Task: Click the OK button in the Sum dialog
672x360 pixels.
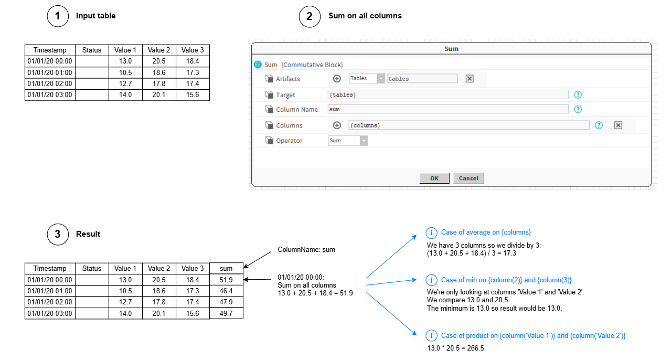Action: (434, 178)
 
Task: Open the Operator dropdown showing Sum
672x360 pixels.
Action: (348, 141)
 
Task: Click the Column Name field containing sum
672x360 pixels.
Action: (448, 109)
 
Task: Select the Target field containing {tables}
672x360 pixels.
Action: (448, 95)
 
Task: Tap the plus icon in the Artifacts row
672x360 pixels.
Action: (337, 79)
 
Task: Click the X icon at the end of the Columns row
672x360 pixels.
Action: (618, 125)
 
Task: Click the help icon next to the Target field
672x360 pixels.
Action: (578, 95)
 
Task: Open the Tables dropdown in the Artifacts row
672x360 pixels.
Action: (367, 78)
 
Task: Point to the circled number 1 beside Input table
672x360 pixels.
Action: (58, 16)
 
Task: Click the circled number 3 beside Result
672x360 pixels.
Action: (58, 234)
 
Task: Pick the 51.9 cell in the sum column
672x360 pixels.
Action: (226, 280)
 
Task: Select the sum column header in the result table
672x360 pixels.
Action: (226, 269)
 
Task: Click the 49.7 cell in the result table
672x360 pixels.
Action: (226, 313)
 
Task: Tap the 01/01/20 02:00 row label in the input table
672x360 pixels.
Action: (50, 83)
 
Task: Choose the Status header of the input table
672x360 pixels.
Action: (92, 50)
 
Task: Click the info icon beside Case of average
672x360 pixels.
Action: (431, 232)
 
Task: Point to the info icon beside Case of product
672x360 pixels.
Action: (431, 336)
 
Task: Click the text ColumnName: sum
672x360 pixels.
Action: (306, 250)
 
